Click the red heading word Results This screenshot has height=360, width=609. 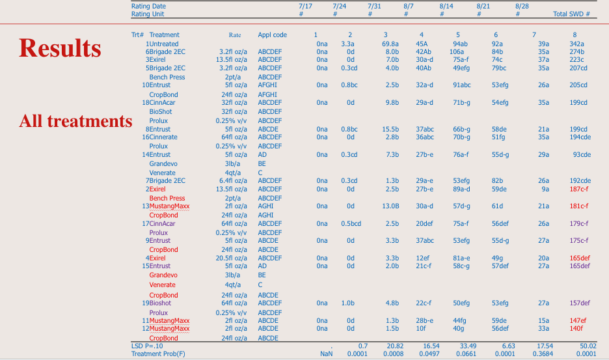click(61, 48)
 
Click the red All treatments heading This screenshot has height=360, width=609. click(75, 121)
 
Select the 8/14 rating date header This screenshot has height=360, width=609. click(446, 7)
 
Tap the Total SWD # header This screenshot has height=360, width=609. click(571, 14)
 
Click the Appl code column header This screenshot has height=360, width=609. click(272, 35)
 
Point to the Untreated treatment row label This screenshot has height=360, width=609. click(164, 44)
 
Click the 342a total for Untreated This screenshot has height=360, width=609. click(576, 44)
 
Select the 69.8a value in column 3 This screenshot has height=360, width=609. click(390, 44)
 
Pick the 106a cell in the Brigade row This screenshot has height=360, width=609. click(457, 51)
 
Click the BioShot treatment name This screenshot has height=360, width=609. click(161, 111)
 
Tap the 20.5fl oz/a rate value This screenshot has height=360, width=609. click(232, 258)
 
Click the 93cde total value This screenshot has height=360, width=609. click(582, 154)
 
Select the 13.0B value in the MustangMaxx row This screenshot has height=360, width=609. click(390, 206)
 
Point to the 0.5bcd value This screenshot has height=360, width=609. click(351, 223)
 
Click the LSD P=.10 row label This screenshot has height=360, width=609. click(147, 346)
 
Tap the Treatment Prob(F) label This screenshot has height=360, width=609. click(158, 353)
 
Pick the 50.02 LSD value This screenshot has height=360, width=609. click(588, 346)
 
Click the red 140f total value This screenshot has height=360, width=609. click(576, 329)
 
